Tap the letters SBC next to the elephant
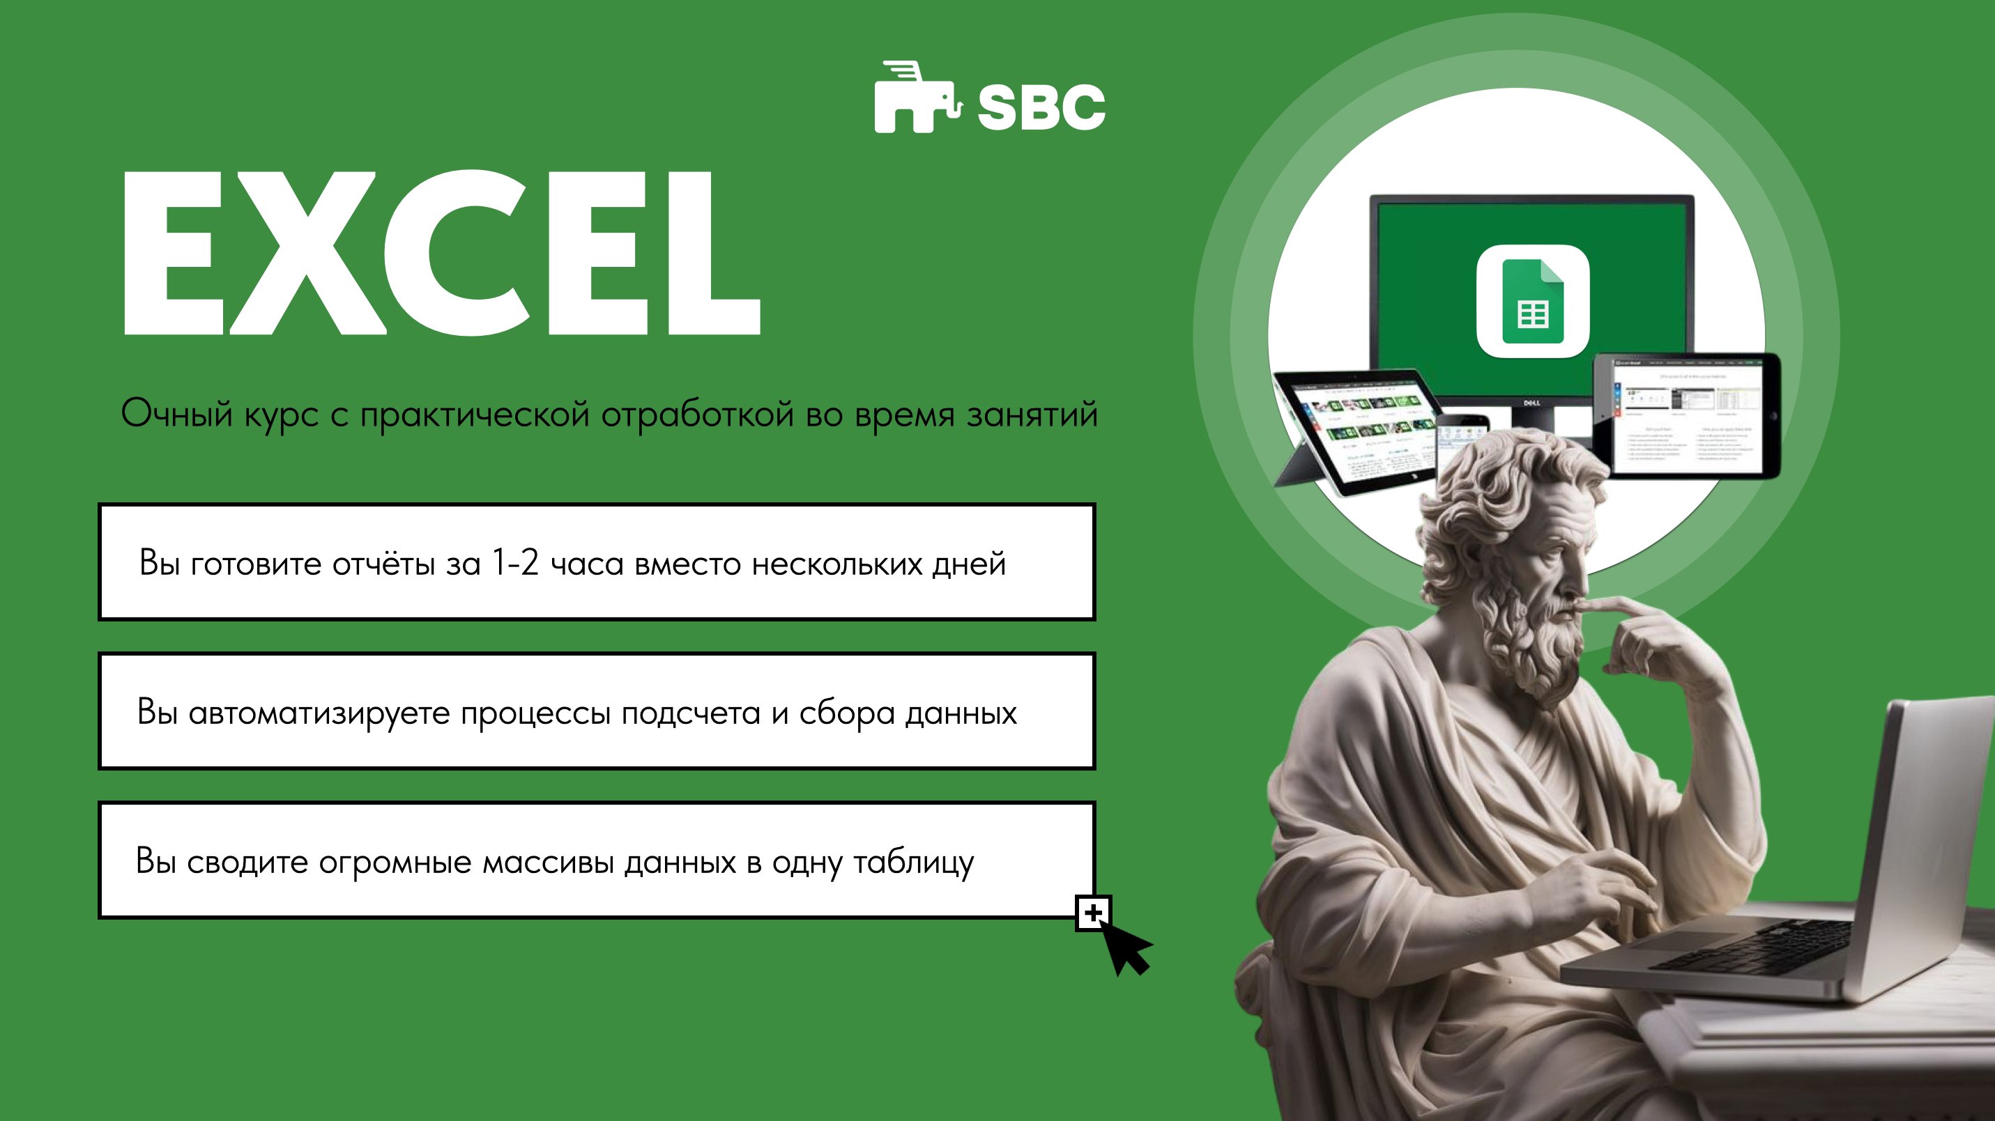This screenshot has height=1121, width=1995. [1041, 107]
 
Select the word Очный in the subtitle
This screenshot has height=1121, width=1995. [176, 414]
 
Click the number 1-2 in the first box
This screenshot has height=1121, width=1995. [515, 563]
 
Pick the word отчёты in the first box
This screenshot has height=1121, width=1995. [383, 564]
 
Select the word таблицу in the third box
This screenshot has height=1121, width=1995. [913, 863]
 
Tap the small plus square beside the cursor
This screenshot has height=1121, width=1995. [1093, 913]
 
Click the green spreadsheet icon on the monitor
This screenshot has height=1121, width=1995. [1533, 301]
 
